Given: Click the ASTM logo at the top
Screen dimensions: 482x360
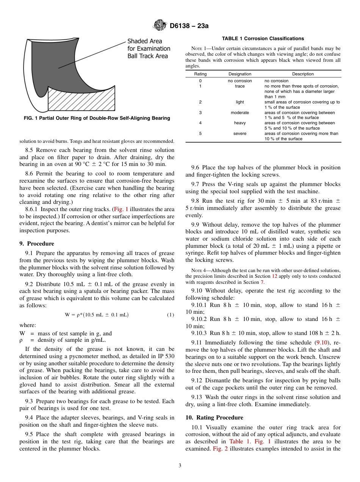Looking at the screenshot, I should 160,26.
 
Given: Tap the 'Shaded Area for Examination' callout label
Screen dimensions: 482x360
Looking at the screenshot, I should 149,49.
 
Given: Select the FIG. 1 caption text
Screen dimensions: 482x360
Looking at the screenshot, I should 97,118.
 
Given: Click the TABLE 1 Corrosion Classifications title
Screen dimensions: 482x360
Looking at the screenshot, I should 263,39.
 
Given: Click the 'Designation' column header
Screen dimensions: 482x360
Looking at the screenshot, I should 239,74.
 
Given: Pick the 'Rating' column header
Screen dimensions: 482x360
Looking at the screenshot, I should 200,74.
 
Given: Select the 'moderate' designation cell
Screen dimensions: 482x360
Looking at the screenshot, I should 239,113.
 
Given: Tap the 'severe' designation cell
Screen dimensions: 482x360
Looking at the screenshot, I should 239,134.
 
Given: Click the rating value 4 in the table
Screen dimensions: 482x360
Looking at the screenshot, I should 200,123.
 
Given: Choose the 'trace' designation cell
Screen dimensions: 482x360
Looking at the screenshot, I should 239,86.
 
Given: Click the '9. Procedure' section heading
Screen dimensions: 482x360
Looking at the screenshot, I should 37,244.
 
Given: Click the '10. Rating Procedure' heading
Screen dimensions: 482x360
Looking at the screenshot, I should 214,418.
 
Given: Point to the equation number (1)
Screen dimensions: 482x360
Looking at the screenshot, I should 171,315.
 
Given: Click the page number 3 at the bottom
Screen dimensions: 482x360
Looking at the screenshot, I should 180,466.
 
